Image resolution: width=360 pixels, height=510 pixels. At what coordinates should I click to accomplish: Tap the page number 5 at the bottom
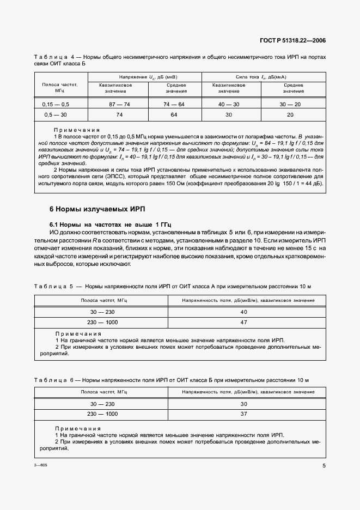pyautogui.click(x=324, y=465)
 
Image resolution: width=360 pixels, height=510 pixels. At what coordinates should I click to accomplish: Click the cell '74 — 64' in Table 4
pyautogui.click(x=174, y=104)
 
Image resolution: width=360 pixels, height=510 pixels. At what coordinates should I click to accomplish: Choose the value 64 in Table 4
pyautogui.click(x=174, y=115)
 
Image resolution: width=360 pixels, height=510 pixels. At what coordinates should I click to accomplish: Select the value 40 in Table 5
pyautogui.click(x=243, y=312)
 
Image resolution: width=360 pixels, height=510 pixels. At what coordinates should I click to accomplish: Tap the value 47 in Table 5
pyautogui.click(x=243, y=323)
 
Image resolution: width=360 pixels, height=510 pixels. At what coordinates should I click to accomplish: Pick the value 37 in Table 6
pyautogui.click(x=243, y=414)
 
